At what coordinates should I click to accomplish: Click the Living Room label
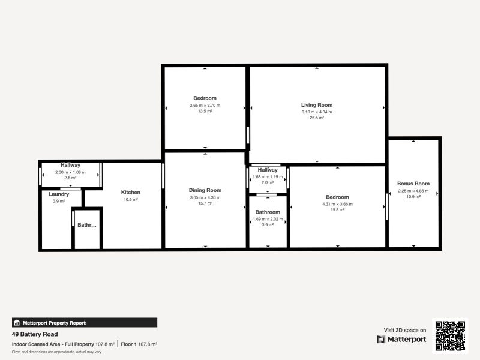[316, 105]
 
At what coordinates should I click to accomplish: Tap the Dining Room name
[205, 190]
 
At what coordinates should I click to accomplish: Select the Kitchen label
[130, 192]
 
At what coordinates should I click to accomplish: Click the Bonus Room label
[413, 184]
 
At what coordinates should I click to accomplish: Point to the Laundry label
[59, 194]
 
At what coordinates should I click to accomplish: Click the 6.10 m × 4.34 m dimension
[316, 112]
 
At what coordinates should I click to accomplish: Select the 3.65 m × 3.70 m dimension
[205, 105]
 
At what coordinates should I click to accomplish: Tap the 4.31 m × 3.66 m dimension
[337, 204]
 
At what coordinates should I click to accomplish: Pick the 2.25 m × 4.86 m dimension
[413, 191]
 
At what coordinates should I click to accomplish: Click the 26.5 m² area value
[316, 118]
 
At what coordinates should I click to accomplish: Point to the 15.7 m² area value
[205, 203]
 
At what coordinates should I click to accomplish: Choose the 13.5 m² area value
[205, 111]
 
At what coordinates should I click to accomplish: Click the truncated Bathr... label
[87, 226]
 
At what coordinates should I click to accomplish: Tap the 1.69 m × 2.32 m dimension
[268, 219]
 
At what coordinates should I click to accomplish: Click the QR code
[451, 335]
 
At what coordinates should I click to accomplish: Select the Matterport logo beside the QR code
[401, 339]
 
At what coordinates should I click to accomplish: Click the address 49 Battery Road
[35, 334]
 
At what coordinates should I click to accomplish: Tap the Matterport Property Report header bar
[84, 323]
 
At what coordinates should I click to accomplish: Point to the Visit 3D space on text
[405, 330]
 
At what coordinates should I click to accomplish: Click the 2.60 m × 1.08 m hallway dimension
[70, 172]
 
